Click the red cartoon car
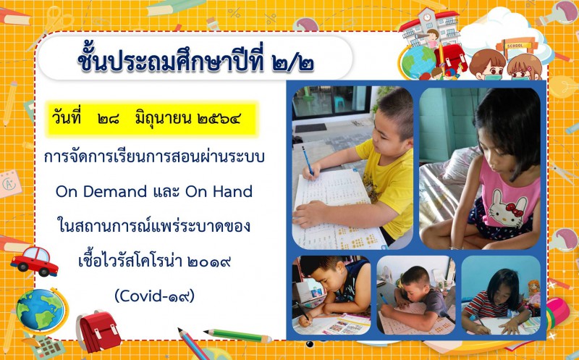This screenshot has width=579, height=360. (x=34, y=261)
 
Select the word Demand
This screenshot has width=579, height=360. (x=115, y=191)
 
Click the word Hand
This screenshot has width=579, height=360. (x=234, y=191)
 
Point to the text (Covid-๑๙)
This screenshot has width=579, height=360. (x=154, y=296)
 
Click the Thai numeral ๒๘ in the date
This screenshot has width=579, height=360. (x=109, y=119)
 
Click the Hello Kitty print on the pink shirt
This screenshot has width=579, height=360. (x=505, y=208)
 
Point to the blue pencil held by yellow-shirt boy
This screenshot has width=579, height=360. (x=308, y=161)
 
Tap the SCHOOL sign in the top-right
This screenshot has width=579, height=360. (x=515, y=46)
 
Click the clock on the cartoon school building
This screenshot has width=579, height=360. (x=427, y=17)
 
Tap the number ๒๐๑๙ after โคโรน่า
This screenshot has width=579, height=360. (x=209, y=261)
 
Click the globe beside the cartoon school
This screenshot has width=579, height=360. (x=418, y=62)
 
